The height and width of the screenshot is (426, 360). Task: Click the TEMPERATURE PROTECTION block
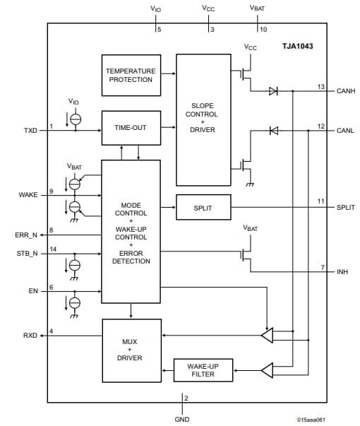click(130, 75)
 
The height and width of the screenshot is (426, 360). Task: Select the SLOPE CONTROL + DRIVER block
click(202, 119)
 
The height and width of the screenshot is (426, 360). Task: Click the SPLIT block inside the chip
click(202, 208)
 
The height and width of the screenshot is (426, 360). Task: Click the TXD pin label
click(30, 131)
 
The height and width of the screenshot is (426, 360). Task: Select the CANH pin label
click(345, 91)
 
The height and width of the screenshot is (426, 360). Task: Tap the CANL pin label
click(345, 131)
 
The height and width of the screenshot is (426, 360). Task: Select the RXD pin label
click(30, 336)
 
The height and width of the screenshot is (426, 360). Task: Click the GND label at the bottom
click(182, 419)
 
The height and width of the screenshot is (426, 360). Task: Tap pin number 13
click(320, 86)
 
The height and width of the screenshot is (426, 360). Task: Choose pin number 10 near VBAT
click(263, 29)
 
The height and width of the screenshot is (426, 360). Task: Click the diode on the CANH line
click(272, 91)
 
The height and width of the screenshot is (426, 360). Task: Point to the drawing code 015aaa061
click(311, 419)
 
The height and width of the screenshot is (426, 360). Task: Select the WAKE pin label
click(28, 194)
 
